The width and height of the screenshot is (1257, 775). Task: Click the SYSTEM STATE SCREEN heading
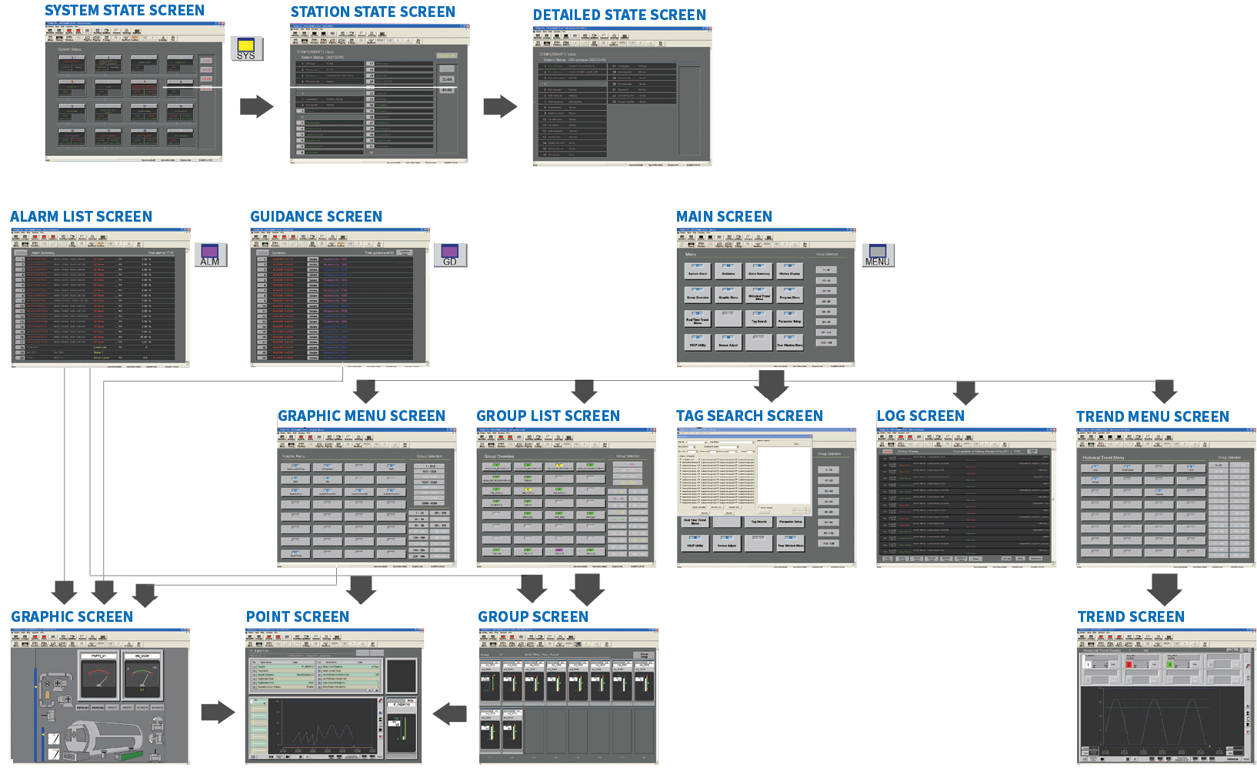pos(125,11)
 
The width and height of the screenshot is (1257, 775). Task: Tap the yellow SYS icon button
pos(246,49)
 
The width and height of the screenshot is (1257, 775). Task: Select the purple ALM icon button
pos(210,255)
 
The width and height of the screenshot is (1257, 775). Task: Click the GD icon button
pos(450,255)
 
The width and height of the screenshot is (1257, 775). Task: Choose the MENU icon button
pos(878,255)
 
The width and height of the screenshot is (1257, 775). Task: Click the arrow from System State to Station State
pos(256,106)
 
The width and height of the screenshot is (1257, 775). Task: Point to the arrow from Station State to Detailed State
pos(500,106)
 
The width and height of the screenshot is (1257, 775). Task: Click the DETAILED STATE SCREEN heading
pos(619,15)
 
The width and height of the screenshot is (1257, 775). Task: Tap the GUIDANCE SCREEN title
pos(316,217)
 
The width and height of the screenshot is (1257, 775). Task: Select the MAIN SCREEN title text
pos(724,217)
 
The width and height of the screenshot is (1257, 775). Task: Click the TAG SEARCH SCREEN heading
pos(749,416)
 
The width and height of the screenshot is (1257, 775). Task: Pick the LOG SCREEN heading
pos(921,416)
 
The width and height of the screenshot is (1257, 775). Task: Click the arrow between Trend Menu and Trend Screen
pos(1164,589)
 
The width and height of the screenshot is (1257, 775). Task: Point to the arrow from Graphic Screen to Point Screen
pos(218,712)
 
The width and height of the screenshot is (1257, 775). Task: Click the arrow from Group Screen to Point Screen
pos(450,714)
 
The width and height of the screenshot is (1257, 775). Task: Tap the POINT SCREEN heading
pos(298,617)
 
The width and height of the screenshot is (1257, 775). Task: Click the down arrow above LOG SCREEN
pos(965,392)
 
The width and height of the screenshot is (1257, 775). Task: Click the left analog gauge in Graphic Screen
pos(98,677)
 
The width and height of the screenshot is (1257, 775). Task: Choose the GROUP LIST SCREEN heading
pos(548,416)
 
